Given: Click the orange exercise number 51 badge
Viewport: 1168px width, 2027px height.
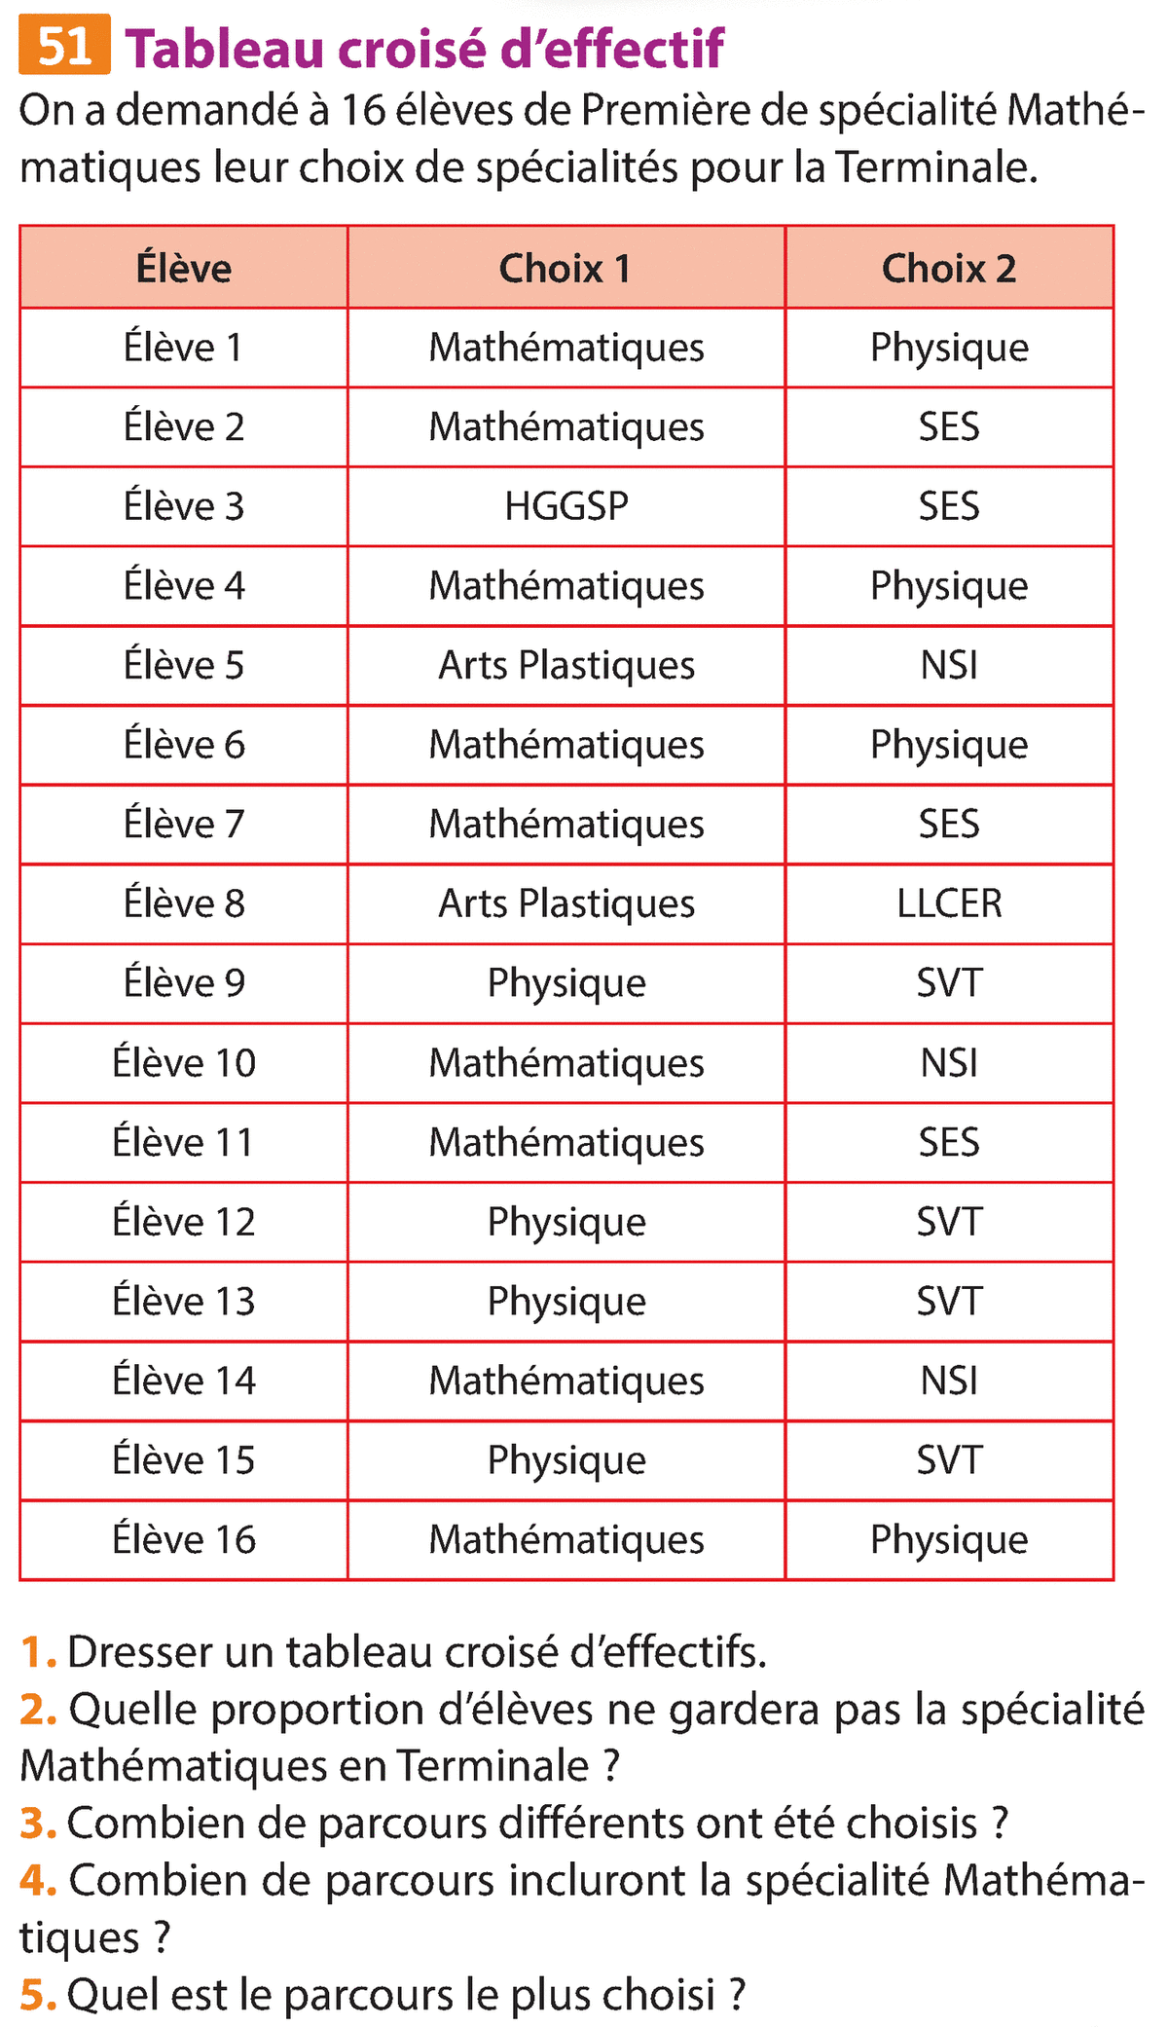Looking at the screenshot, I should [x=64, y=46].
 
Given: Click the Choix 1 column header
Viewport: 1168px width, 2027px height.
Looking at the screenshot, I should [x=566, y=269].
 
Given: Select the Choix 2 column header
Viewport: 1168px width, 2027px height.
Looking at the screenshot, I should [x=949, y=269].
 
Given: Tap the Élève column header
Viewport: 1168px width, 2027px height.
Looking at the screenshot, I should [x=184, y=269].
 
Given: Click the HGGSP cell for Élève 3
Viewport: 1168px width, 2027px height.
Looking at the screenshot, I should [x=566, y=506].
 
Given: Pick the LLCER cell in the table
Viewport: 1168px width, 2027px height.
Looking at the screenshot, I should [x=949, y=903].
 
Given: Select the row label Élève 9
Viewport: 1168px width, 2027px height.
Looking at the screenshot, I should [x=184, y=983].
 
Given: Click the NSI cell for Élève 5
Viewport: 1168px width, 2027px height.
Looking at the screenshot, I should [x=949, y=666].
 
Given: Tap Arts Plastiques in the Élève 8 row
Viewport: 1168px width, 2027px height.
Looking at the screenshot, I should [x=566, y=903].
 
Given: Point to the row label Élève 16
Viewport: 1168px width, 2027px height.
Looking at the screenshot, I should [x=184, y=1540].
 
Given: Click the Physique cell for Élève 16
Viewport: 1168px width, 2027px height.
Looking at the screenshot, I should [x=949, y=1540].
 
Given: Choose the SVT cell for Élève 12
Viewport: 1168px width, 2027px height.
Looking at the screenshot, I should [x=949, y=1222].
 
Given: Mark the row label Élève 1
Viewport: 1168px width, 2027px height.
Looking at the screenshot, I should [x=184, y=348].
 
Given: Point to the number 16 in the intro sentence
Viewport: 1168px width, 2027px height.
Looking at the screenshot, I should [x=363, y=111].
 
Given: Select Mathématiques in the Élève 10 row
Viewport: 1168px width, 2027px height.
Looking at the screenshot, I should [x=566, y=1063].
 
